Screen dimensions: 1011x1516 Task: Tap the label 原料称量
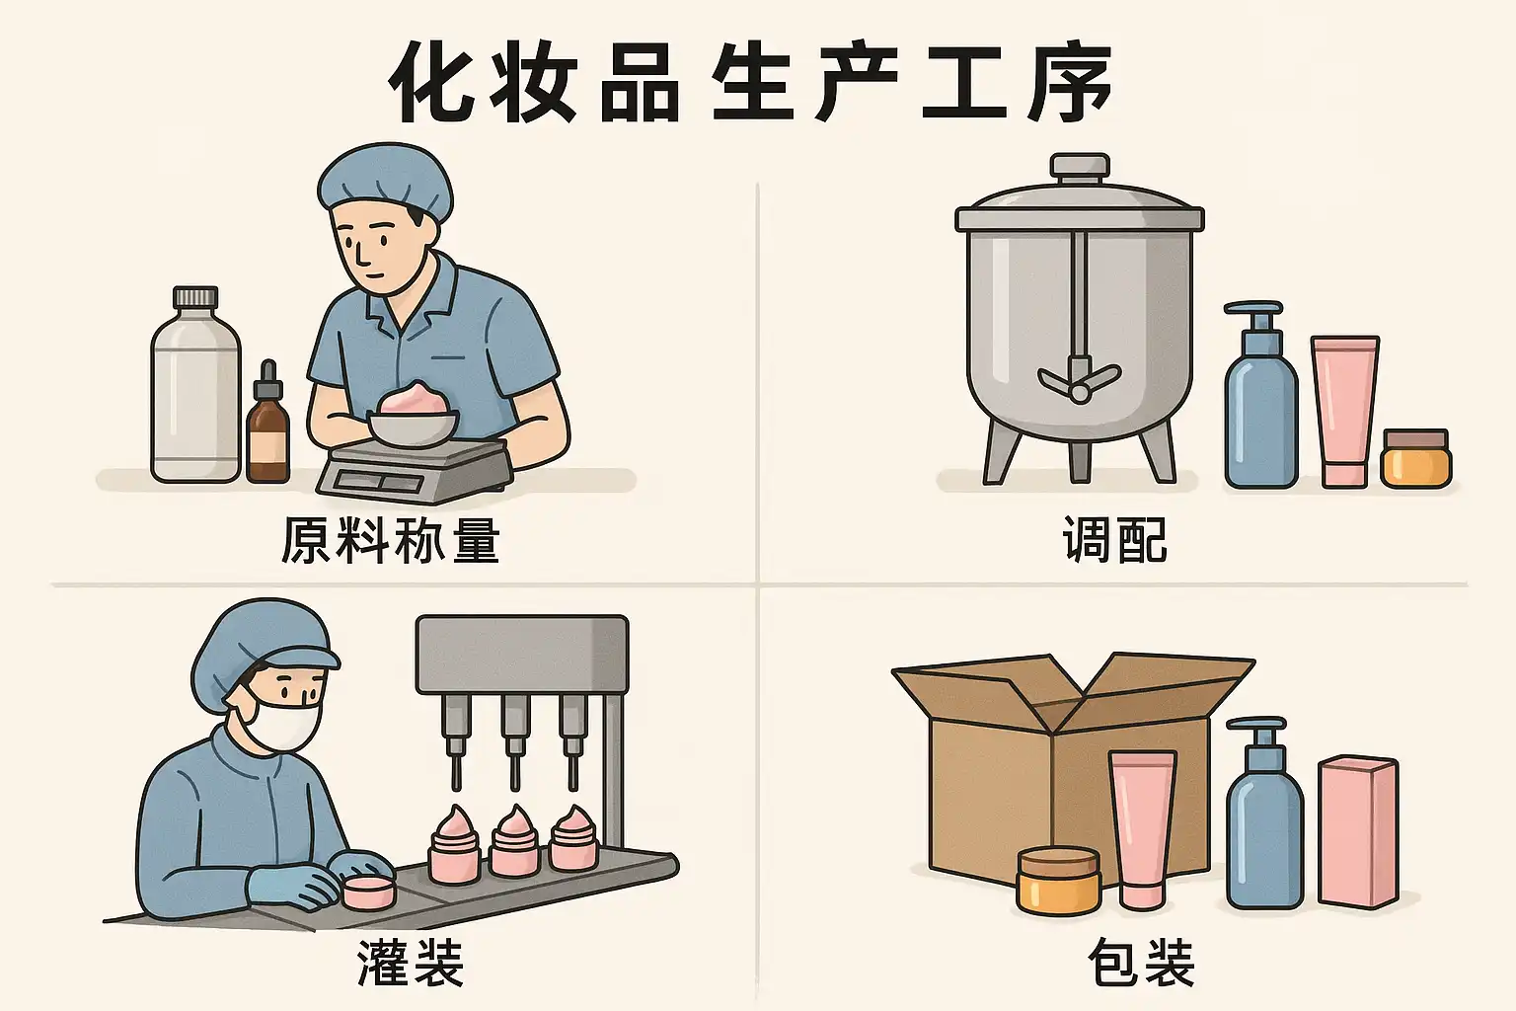391,540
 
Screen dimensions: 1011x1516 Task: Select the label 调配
1114,540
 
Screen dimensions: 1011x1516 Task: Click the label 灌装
410,963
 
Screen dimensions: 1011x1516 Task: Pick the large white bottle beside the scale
195,390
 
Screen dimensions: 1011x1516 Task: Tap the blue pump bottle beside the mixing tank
1260,405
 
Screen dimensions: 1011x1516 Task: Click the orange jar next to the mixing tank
1416,458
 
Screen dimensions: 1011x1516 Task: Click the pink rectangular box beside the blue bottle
1357,832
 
